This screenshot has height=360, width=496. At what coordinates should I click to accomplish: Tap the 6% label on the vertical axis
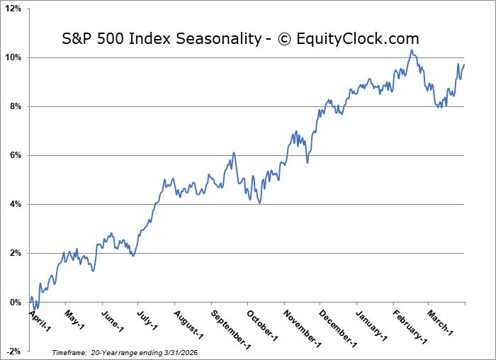(16, 155)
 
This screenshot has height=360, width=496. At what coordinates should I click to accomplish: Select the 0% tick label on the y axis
(16, 303)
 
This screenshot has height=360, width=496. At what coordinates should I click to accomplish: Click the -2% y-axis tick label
(14, 351)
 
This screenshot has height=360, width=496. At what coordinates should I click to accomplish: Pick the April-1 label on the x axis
(40, 319)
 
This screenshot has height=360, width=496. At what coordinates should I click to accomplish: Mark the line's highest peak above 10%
(410, 50)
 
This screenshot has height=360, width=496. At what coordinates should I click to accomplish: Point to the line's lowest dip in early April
(36, 308)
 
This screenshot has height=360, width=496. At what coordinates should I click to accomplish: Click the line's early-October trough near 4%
(260, 203)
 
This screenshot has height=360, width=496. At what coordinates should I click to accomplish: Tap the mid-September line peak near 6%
(233, 152)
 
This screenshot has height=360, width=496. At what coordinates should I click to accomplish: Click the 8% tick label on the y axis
(16, 106)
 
